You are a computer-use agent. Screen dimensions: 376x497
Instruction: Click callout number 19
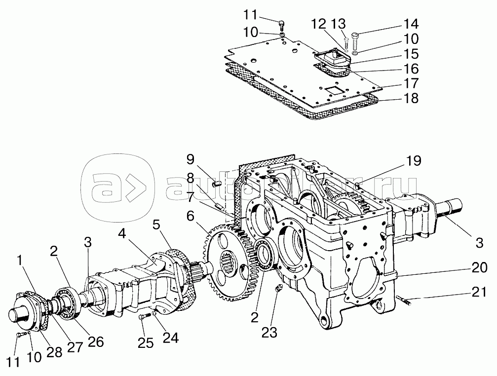(414, 162)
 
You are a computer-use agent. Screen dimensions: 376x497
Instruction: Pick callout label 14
(411, 23)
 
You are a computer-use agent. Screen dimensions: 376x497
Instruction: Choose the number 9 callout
(191, 160)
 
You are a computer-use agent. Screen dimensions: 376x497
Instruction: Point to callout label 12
(319, 23)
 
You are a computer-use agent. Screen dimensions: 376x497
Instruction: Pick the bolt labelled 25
(142, 318)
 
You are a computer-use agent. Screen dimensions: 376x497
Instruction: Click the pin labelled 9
(216, 184)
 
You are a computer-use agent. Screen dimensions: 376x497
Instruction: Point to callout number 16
(411, 68)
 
